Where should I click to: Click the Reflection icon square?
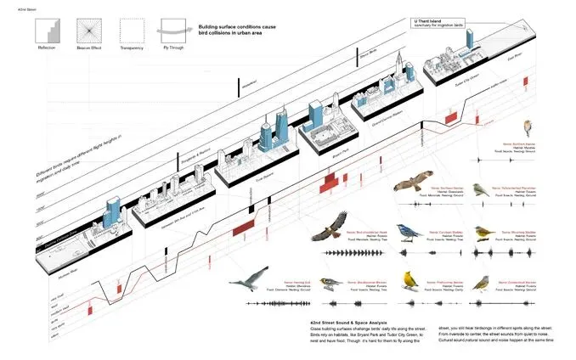click(x=47, y=31)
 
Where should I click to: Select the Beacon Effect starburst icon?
click(x=88, y=31)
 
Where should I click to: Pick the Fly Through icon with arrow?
click(x=173, y=31)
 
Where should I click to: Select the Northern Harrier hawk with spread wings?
click(x=411, y=186)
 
